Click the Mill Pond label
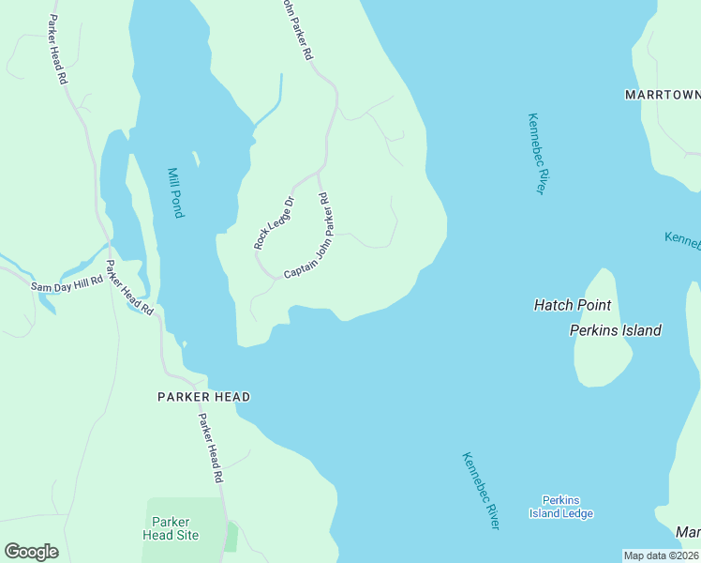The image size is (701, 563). point(174,192)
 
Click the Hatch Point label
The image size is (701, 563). point(572,305)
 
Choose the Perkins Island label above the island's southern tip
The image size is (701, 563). point(615,330)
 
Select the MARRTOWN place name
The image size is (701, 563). point(663,95)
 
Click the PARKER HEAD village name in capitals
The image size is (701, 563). point(203,397)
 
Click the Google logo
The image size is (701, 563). point(31,551)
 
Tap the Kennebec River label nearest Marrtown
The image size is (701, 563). point(535,154)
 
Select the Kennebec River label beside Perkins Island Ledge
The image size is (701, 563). point(480,491)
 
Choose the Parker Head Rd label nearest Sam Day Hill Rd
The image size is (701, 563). point(128,286)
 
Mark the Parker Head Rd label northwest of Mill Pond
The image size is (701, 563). point(58,51)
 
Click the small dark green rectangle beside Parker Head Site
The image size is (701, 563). point(231,538)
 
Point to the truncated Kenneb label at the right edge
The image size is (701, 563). point(682,239)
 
